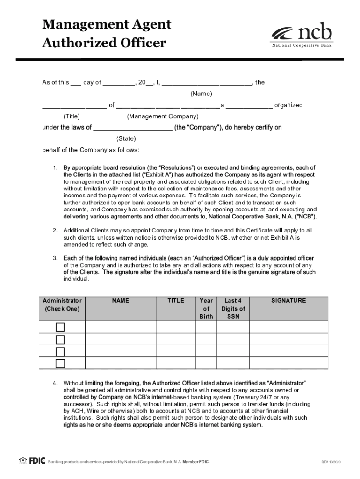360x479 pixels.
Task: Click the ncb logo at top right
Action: click(302, 35)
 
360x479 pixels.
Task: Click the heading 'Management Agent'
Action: click(107, 24)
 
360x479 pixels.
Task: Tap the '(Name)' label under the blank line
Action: click(201, 94)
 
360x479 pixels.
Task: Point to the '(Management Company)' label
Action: click(163, 116)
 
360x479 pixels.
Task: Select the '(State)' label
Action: click(126, 138)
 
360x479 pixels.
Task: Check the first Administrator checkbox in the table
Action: click(60, 327)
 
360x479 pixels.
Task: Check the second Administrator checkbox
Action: click(60, 340)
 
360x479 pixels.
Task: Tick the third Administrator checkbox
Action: click(60, 351)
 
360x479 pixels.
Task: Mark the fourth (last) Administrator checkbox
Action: click(60, 363)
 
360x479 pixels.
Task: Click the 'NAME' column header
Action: click(120, 301)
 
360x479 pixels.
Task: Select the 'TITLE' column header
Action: click(176, 301)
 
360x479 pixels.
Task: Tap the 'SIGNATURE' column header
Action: click(288, 301)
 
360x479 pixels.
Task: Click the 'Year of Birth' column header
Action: click(206, 309)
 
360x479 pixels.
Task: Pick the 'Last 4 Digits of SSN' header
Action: click(233, 309)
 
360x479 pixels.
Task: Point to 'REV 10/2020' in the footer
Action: click(331, 462)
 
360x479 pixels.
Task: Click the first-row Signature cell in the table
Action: click(288, 327)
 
